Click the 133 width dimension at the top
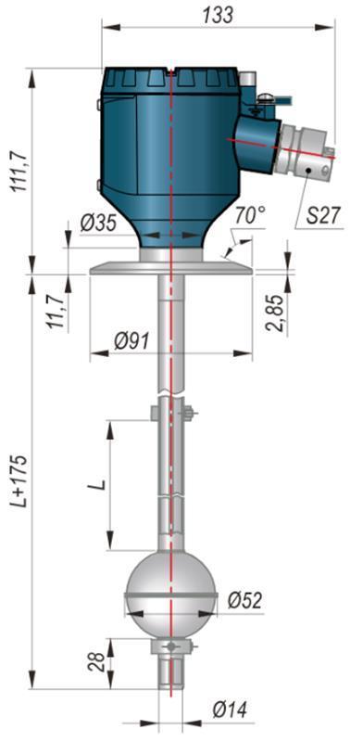tap(218, 15)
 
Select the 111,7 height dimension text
tap(20, 170)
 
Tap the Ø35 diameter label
tap(98, 224)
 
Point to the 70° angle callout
tap(250, 216)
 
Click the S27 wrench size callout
tap(323, 216)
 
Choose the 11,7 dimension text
tap(56, 310)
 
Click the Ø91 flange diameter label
tap(131, 340)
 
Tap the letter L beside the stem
tap(99, 484)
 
